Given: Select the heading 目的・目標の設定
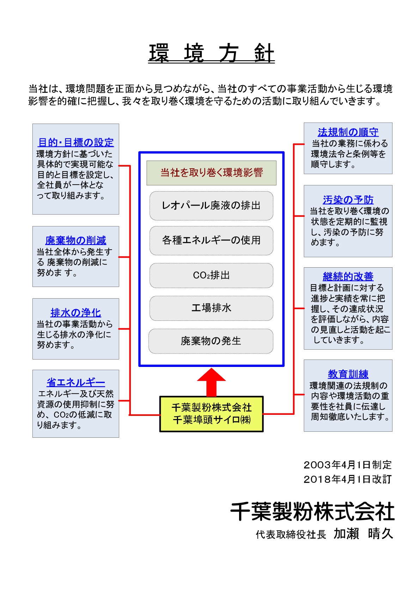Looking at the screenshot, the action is tap(76, 142).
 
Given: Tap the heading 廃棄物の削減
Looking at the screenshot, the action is tap(76, 241).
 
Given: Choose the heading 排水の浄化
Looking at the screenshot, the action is tap(76, 313).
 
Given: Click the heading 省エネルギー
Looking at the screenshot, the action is tap(76, 382).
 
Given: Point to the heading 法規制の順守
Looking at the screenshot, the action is tap(348, 132).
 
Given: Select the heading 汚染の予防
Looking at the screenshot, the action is tap(348, 200).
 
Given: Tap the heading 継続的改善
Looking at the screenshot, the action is tap(348, 276).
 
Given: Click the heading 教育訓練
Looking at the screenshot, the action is tap(348, 374).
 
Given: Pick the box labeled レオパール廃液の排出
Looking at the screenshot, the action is tap(211, 206).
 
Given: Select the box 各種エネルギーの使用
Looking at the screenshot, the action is tap(211, 241).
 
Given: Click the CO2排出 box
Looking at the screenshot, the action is tap(211, 275).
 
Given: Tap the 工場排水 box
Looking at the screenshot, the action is tap(211, 308).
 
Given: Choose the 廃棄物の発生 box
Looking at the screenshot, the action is tap(211, 341).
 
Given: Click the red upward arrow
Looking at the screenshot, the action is tap(211, 382).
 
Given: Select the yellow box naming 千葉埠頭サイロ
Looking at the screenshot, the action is tap(211, 414).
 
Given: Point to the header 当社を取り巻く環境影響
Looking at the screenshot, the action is tap(211, 173).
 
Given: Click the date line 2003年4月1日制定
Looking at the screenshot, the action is tap(348, 464).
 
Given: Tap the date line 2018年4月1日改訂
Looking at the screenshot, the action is tap(348, 479).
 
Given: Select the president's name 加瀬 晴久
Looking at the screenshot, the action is tap(363, 533).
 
